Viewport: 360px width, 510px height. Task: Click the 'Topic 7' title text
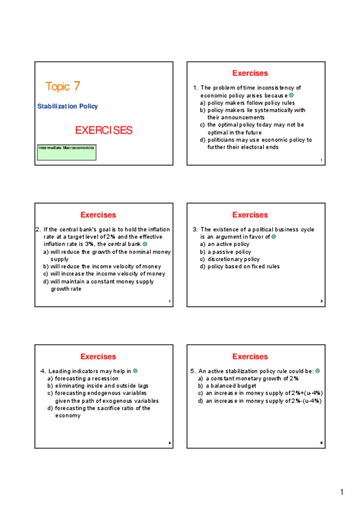click(x=63, y=87)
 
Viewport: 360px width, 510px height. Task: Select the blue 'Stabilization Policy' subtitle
click(x=67, y=106)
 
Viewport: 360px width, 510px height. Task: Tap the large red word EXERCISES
click(x=103, y=131)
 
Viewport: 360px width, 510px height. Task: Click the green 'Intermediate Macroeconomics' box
click(x=66, y=152)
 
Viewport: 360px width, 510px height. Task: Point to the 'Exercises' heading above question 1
click(x=250, y=73)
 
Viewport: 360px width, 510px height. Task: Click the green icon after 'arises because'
click(x=291, y=96)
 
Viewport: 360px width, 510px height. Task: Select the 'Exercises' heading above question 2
click(x=98, y=215)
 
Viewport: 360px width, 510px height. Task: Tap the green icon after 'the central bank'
click(x=145, y=244)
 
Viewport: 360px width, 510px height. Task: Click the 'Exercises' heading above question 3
click(x=250, y=215)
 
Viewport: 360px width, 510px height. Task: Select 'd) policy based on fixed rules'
click(x=240, y=266)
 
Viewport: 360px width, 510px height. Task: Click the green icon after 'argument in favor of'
click(x=274, y=237)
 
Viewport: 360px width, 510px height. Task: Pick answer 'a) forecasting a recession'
click(x=83, y=379)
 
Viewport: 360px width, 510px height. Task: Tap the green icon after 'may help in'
click(x=135, y=371)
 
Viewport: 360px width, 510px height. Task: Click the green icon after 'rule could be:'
click(x=318, y=371)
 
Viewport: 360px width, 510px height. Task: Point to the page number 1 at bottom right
click(x=342, y=493)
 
